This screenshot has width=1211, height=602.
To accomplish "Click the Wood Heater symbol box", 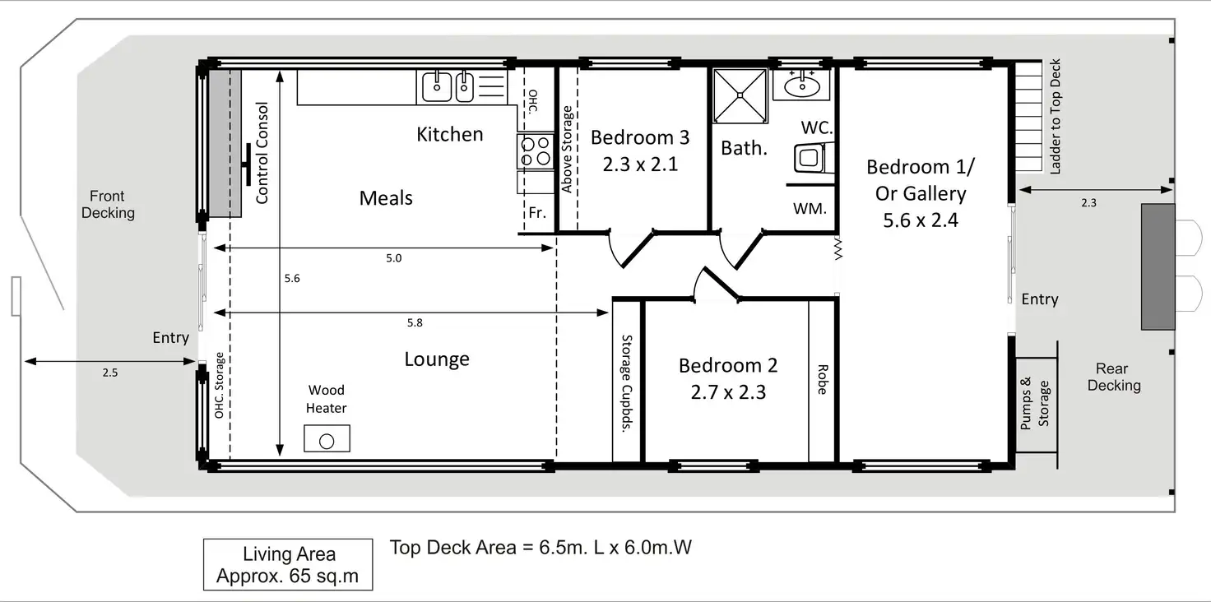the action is pyautogui.click(x=327, y=438).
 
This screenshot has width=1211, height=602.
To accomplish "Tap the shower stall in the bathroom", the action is pyautogui.click(x=740, y=95).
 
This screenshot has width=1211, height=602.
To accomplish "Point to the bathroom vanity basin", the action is pyautogui.click(x=802, y=86).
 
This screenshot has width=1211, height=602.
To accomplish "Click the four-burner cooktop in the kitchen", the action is pyautogui.click(x=536, y=151).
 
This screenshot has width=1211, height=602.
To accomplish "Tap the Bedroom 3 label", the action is pyautogui.click(x=640, y=137).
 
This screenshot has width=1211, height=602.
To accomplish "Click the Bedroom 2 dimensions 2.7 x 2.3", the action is pyautogui.click(x=728, y=391).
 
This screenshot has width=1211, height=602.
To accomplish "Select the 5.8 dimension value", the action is pyautogui.click(x=415, y=322).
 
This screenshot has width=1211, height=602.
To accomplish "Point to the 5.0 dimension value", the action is pyautogui.click(x=393, y=258).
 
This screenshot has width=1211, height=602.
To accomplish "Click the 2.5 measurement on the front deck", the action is pyautogui.click(x=109, y=373).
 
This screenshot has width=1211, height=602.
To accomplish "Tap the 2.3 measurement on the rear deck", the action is pyautogui.click(x=1088, y=202).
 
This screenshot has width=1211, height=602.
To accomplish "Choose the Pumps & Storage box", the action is pyautogui.click(x=1037, y=405).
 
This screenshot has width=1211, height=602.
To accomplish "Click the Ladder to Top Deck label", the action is pyautogui.click(x=1055, y=116).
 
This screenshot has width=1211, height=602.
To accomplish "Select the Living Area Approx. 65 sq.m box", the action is pyautogui.click(x=288, y=564).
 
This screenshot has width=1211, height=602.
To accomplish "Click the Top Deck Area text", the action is pyautogui.click(x=541, y=548).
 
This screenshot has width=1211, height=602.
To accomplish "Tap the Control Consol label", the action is pyautogui.click(x=262, y=153).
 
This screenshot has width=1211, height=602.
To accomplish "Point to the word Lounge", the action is pyautogui.click(x=437, y=359).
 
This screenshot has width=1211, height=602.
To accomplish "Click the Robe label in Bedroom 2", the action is pyautogui.click(x=823, y=379).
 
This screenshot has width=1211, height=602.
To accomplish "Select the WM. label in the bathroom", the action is pyautogui.click(x=810, y=209).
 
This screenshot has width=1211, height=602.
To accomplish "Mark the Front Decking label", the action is pyautogui.click(x=108, y=204).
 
